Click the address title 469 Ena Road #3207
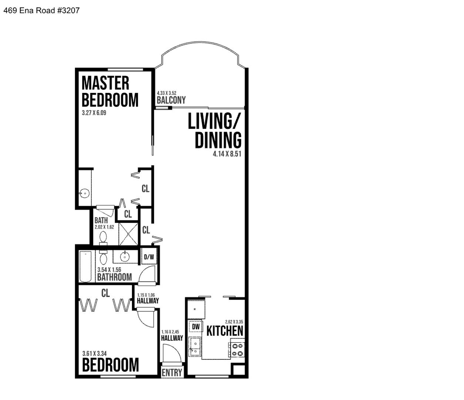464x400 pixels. [41, 11]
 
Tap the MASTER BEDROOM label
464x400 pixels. [110, 91]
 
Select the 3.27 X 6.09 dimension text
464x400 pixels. [94, 113]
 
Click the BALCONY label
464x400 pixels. [171, 100]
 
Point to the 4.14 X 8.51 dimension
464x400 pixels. [227, 154]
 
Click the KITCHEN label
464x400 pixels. [225, 331]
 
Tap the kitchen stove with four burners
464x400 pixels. [237, 350]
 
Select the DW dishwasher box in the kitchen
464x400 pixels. [196, 327]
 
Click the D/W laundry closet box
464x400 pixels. [149, 257]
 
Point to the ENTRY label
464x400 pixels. [172, 373]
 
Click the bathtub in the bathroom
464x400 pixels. [85, 266]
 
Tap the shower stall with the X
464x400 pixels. [128, 234]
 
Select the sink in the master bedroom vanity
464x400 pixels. [85, 193]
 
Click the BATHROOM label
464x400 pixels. [114, 277]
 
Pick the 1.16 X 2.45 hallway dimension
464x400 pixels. [170, 332]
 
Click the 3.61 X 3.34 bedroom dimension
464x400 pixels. [95, 353]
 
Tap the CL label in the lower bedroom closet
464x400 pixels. [105, 293]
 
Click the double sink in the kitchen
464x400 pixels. [195, 347]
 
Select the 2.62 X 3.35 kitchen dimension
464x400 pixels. [234, 322]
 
